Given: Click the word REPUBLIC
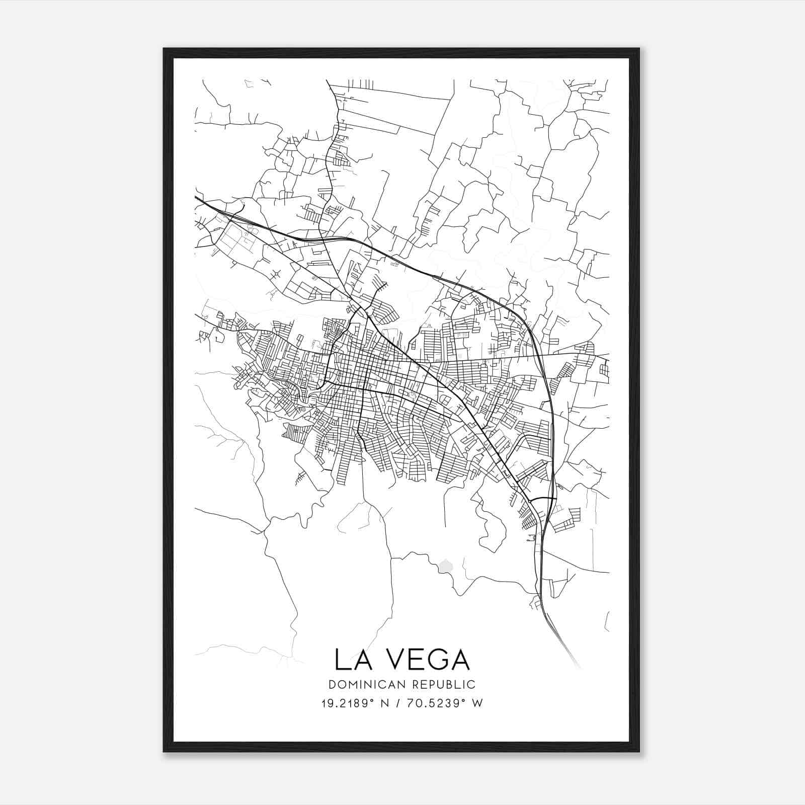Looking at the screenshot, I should [x=445, y=685].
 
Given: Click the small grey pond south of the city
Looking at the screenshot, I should [x=445, y=567].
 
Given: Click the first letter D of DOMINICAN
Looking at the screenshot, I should [x=332, y=685].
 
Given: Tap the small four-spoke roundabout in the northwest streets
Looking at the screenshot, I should [x=276, y=274].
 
